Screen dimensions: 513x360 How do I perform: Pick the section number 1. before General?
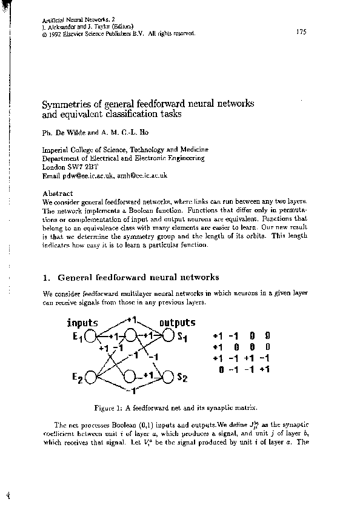[x=47, y=278]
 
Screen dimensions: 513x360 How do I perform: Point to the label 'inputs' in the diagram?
[x=82, y=323]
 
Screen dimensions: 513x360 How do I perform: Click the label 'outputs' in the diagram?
[x=177, y=323]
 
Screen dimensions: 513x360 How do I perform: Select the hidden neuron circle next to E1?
[x=130, y=337]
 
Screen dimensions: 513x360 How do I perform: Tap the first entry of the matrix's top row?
[x=218, y=335]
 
